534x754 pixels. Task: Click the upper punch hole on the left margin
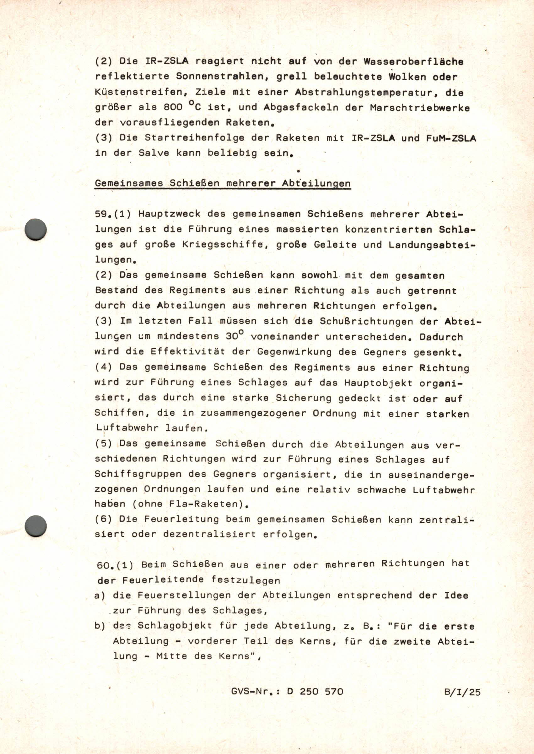(x=36, y=229)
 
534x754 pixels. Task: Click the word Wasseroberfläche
(x=413, y=61)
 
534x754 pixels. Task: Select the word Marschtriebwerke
(x=419, y=108)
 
